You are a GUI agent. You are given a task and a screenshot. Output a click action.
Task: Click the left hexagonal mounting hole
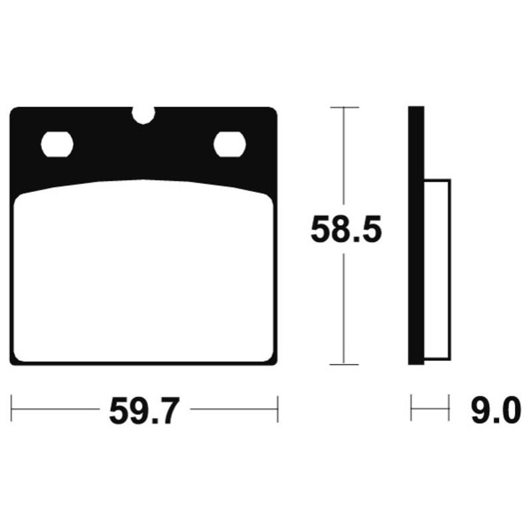[57, 145]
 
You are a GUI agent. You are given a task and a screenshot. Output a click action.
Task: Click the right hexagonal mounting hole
[230, 144]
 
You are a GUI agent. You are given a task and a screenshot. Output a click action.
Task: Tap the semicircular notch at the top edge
[143, 114]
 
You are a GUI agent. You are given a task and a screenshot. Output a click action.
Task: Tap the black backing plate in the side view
[416, 236]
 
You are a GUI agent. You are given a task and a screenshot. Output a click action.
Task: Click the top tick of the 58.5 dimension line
[343, 107]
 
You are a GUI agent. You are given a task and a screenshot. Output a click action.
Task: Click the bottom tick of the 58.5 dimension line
[343, 364]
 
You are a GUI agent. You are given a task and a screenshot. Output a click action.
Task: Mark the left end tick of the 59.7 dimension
[12, 409]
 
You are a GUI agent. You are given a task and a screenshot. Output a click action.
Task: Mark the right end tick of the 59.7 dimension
[277, 409]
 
